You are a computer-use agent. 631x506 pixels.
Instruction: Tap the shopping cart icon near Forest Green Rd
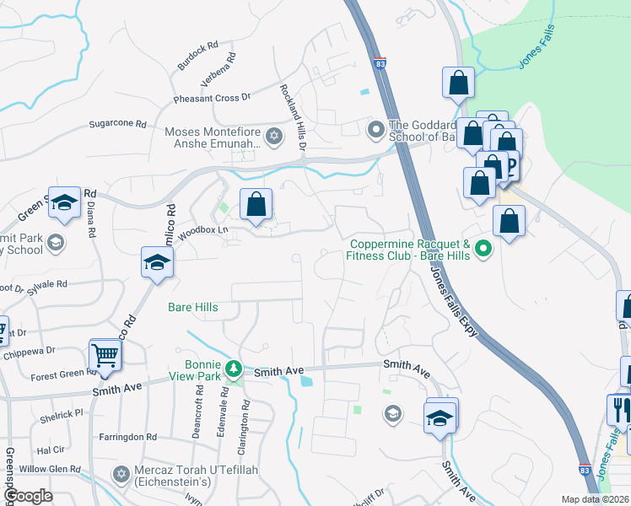(x=105, y=355)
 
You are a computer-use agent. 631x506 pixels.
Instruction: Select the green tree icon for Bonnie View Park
(x=239, y=369)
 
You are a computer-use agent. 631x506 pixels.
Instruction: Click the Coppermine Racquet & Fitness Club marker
(x=483, y=248)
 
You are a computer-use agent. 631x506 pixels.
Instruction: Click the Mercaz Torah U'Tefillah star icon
(x=121, y=475)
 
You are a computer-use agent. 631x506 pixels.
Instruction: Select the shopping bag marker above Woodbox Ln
(x=256, y=203)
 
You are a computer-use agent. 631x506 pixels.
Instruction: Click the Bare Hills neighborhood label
(x=192, y=307)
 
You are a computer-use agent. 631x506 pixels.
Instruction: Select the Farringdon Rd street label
(x=127, y=437)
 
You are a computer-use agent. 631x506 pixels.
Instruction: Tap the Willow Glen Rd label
(x=51, y=469)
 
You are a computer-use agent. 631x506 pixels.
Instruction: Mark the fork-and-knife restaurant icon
(x=619, y=410)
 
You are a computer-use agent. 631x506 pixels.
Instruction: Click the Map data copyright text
(x=596, y=499)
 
